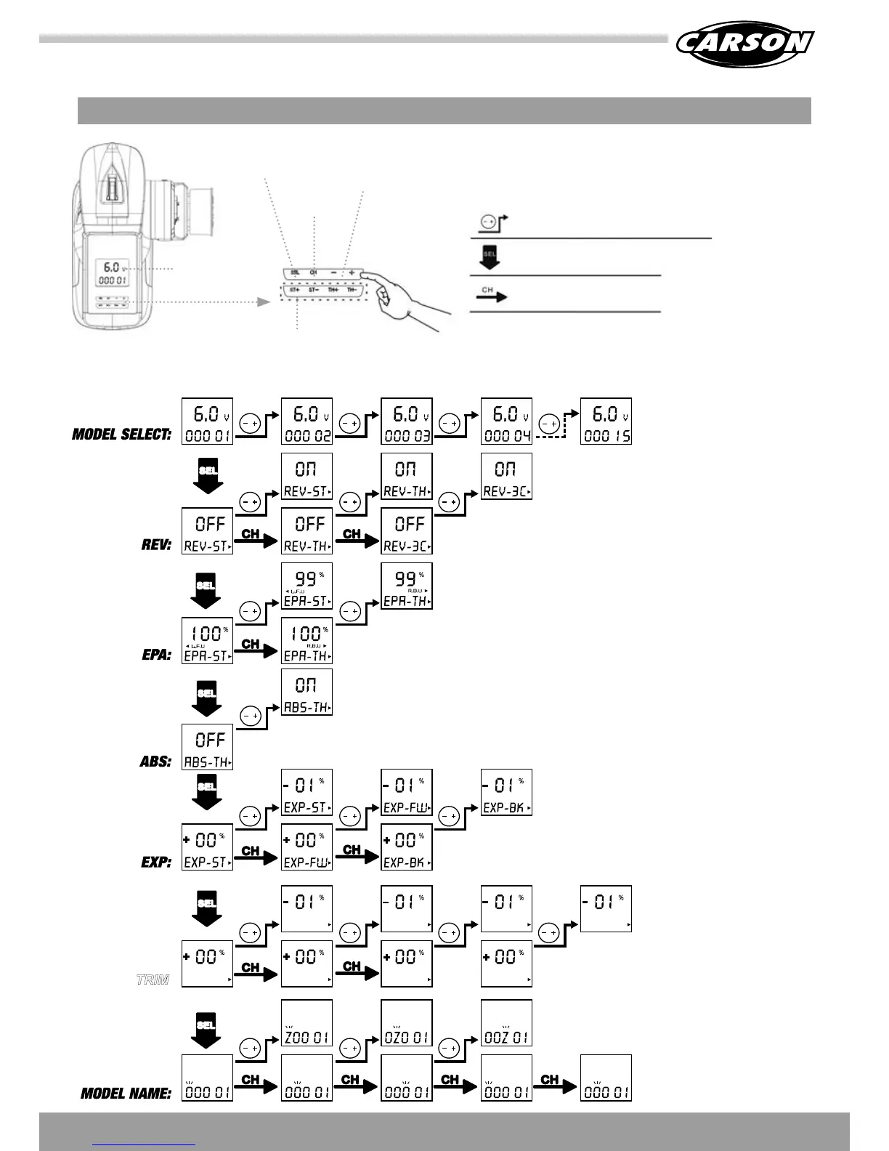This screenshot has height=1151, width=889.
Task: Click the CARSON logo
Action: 744,43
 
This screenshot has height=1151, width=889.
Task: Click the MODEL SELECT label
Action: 121,435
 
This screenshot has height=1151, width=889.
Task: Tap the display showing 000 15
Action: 606,421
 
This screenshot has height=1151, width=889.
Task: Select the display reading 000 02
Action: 307,421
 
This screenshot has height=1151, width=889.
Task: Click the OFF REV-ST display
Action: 207,531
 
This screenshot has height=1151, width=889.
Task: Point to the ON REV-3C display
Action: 506,476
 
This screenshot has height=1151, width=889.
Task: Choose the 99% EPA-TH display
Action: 407,586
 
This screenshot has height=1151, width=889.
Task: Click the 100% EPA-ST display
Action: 207,641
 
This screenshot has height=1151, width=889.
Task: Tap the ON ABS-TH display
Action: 307,692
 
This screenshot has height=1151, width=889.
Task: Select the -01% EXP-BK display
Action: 506,792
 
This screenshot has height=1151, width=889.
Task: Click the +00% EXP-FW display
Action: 307,847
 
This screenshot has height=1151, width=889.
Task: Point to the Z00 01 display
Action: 307,1023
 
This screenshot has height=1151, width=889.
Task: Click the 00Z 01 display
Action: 506,1023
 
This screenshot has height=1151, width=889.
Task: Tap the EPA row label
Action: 156,655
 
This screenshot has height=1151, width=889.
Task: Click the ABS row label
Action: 155,762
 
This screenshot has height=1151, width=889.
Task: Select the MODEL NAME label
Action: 126,1093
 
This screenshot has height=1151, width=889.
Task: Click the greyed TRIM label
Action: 153,980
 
